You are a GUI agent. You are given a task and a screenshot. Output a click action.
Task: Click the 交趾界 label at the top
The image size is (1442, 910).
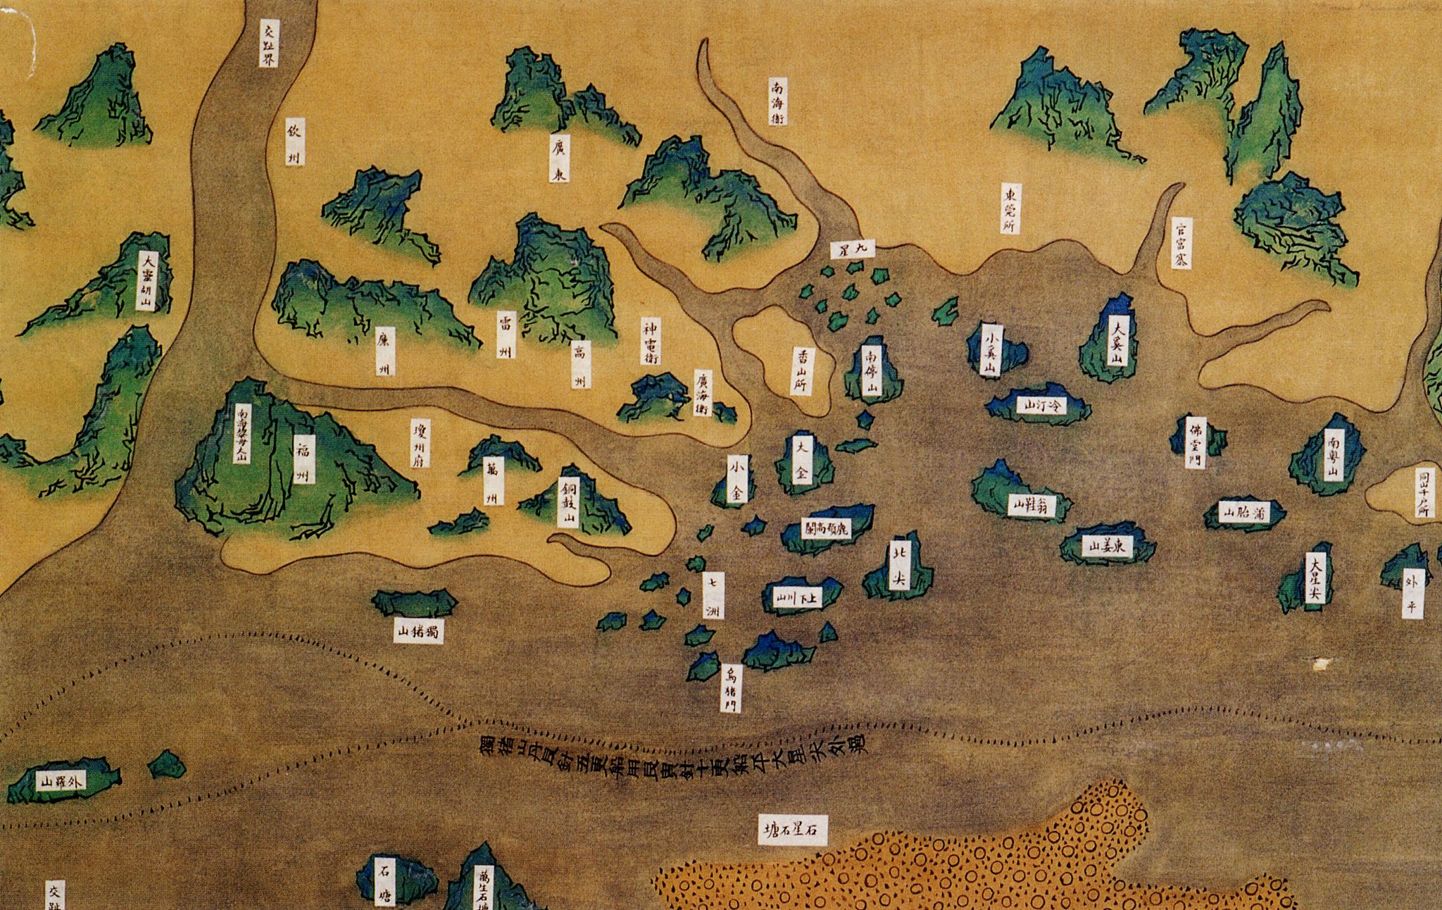269,42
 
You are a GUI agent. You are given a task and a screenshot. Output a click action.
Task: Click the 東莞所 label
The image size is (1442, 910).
1012,208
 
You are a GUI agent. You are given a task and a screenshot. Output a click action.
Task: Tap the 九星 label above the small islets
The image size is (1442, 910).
853,249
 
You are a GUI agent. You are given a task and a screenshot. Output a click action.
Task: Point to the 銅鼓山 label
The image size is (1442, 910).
567,503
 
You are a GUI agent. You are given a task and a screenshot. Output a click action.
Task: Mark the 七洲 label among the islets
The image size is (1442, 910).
713,596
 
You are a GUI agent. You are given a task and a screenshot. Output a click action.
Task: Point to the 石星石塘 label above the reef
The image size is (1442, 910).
793,830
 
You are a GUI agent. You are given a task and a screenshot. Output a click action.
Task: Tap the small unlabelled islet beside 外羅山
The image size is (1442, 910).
168,764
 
